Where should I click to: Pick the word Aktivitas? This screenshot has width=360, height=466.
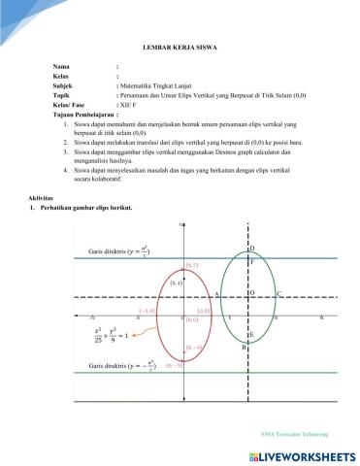click(44, 196)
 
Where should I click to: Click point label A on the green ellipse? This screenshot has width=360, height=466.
click(216, 292)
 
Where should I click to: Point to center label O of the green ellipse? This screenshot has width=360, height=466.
click(251, 292)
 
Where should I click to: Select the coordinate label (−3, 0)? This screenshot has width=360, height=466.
click(147, 311)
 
